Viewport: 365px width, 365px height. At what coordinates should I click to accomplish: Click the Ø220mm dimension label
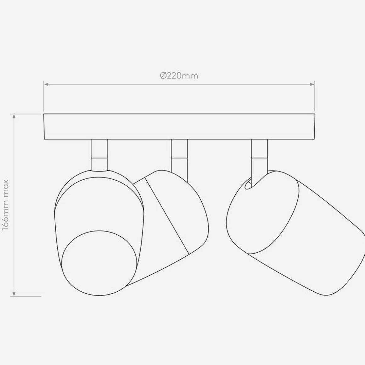179,76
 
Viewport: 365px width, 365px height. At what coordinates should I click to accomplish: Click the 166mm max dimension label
5,205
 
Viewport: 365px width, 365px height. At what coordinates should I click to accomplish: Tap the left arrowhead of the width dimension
46,84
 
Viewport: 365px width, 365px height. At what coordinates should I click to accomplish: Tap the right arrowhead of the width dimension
312,84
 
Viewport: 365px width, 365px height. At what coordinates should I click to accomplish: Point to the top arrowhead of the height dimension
14,116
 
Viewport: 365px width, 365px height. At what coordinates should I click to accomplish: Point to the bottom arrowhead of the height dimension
14,294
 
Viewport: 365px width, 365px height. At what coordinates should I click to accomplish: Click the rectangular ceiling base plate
179,126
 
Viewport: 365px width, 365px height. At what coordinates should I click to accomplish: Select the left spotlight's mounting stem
99,155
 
